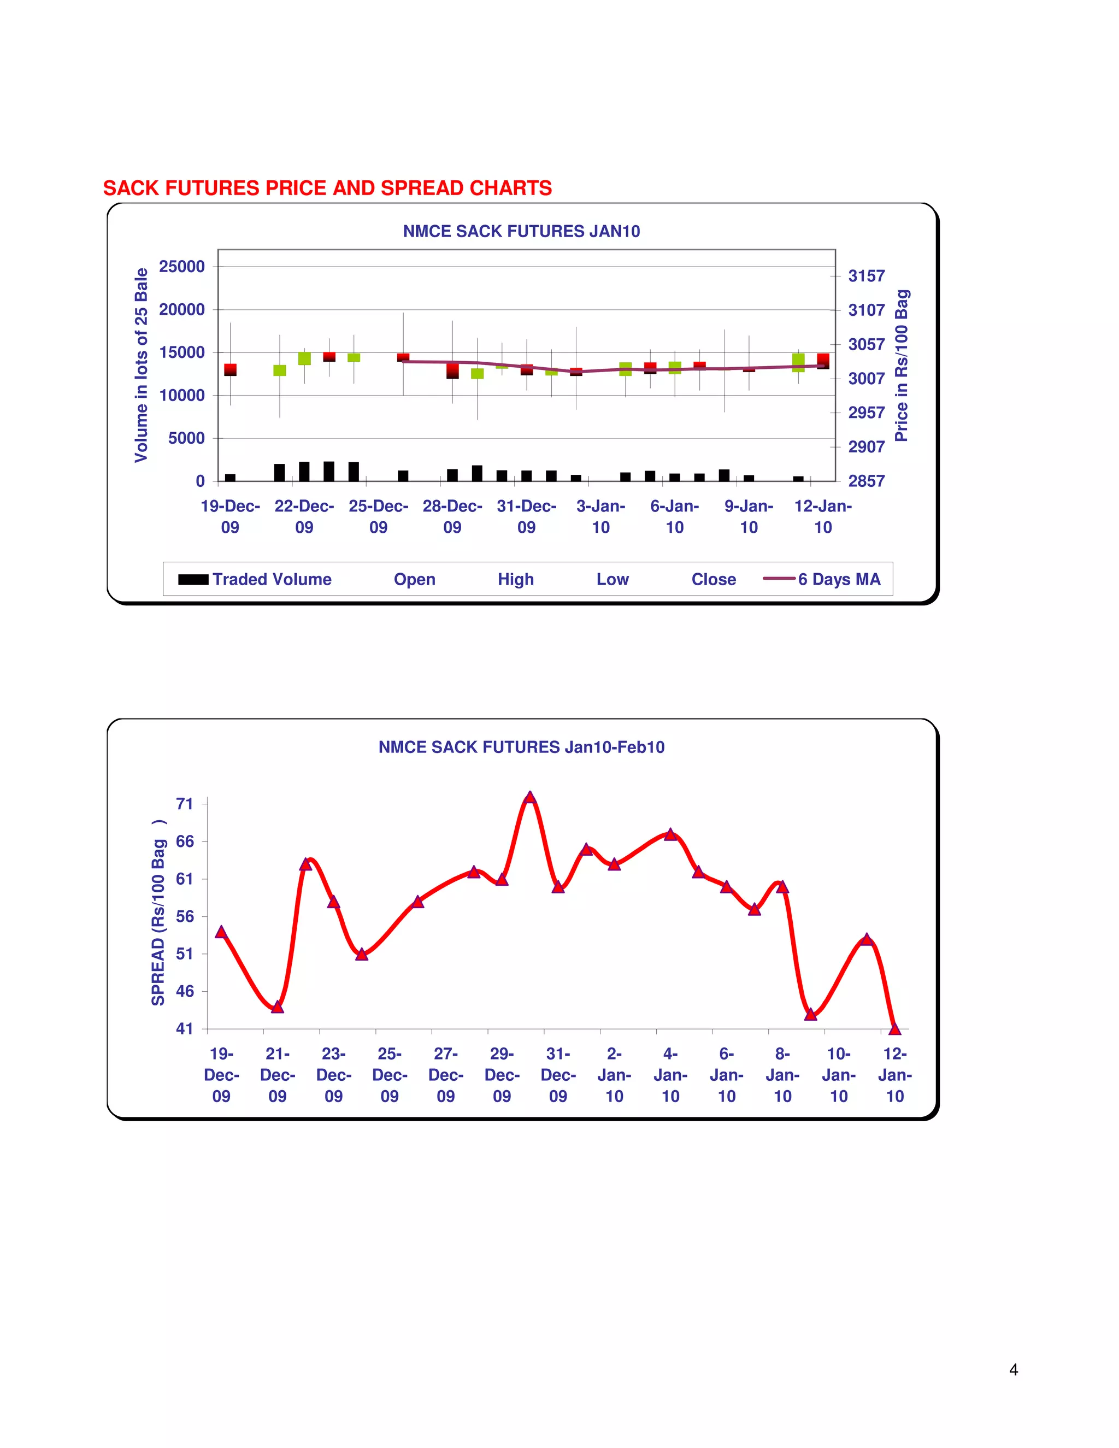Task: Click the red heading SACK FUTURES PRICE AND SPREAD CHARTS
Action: [x=327, y=189]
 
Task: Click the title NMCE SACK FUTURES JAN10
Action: [x=521, y=231]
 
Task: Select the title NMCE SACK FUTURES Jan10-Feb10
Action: [x=521, y=747]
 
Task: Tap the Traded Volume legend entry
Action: [x=255, y=579]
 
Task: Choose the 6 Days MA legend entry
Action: [x=822, y=579]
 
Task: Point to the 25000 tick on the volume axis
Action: [x=181, y=267]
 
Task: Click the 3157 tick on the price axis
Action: [x=866, y=276]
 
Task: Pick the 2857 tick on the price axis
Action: [x=866, y=481]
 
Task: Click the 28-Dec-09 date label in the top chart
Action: [x=452, y=516]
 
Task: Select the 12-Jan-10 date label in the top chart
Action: [x=823, y=516]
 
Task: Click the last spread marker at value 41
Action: [x=894, y=1029]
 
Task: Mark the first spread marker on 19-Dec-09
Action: [x=221, y=932]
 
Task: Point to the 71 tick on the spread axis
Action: [x=184, y=804]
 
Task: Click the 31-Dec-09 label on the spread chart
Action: [x=558, y=1075]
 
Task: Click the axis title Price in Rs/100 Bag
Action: [x=902, y=366]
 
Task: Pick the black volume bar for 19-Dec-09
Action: [x=230, y=478]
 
